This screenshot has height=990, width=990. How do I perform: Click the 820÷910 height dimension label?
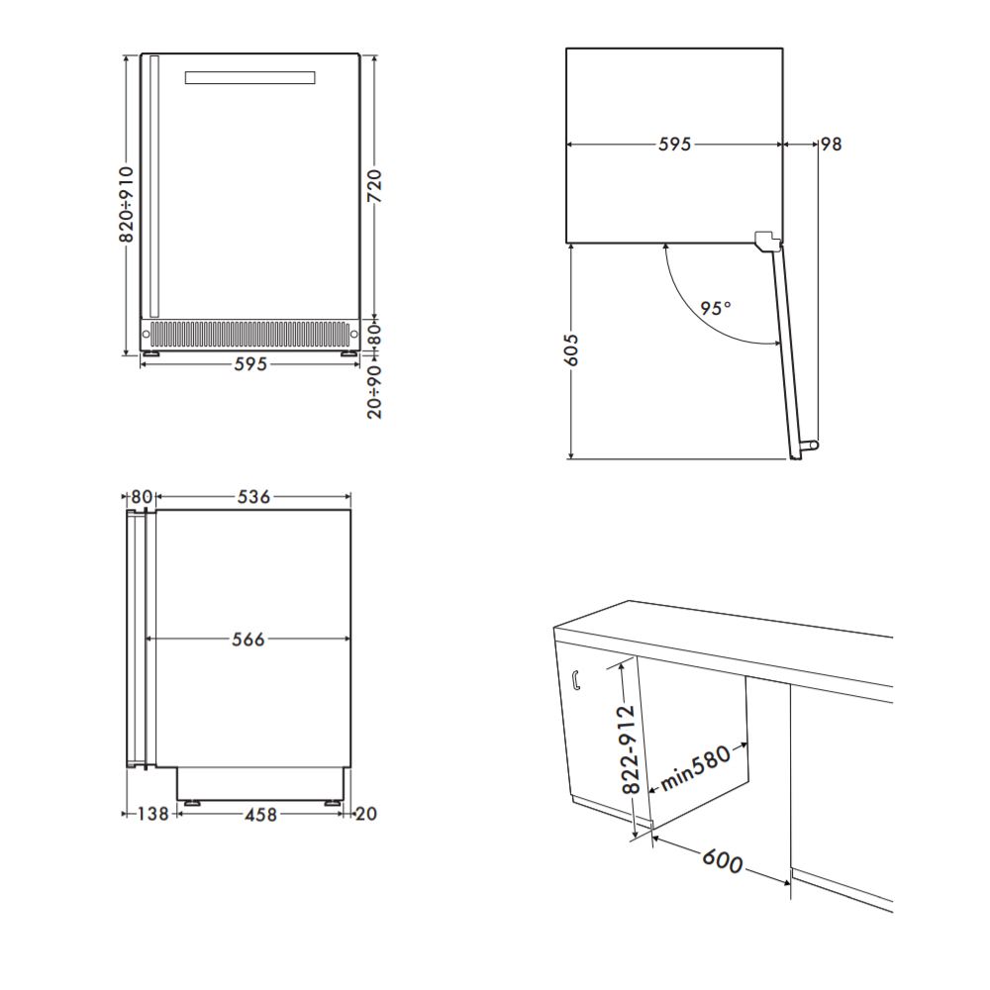[x=127, y=205]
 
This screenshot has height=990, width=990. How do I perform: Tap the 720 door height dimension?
[x=374, y=186]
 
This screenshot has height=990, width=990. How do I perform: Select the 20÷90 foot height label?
[x=374, y=392]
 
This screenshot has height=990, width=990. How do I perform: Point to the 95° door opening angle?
[x=716, y=308]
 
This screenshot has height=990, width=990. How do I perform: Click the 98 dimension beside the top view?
[x=831, y=144]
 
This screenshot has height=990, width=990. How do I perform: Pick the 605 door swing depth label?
[x=571, y=349]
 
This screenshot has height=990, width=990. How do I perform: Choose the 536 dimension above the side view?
[x=253, y=497]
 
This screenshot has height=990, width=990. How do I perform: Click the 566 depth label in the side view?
[x=247, y=640]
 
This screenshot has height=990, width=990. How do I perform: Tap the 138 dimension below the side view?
[x=153, y=814]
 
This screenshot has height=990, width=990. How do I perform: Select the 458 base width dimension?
[x=260, y=815]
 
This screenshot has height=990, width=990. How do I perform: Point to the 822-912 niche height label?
[x=630, y=749]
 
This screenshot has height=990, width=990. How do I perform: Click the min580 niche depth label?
[x=696, y=768]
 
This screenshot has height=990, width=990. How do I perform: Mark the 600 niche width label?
[x=723, y=860]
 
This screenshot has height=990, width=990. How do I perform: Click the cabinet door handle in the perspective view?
[x=576, y=681]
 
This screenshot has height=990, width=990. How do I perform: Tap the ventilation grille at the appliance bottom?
[x=249, y=334]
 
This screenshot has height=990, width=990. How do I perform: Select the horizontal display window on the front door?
[x=250, y=77]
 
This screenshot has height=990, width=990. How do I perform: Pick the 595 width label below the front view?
[x=250, y=364]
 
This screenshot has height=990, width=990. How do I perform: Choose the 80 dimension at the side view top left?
[x=142, y=497]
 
